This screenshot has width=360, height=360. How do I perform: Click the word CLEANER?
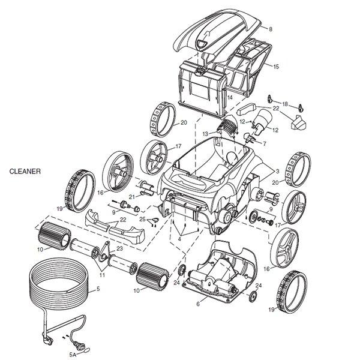tap(25, 171)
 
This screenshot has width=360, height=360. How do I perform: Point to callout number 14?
tap(230, 97)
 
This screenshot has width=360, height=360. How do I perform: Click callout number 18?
tap(285, 104)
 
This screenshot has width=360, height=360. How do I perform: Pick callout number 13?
tap(205, 133)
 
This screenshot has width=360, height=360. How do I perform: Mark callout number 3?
tap(264, 143)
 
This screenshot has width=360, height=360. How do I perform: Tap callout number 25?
tap(142, 220)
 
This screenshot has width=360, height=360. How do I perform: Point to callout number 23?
tap(120, 248)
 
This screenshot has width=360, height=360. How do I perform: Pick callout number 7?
tap(264, 143)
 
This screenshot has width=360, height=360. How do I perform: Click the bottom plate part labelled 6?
tap(216, 273)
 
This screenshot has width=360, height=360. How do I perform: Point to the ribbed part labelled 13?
tap(226, 127)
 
